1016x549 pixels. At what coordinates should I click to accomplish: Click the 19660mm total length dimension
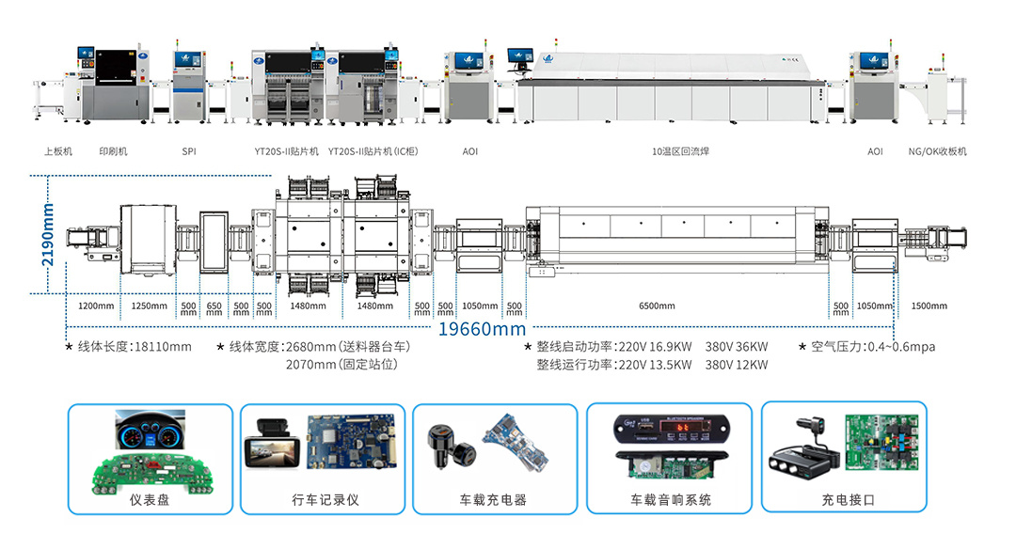483,328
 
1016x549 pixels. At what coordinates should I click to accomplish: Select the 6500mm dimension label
657,306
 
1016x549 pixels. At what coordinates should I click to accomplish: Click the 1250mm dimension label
149,306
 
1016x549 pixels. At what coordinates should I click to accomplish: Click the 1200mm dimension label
95,306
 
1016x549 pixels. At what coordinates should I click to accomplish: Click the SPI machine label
189,151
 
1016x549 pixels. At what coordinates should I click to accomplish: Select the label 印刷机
113,151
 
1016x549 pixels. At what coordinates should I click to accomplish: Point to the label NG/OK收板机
937,151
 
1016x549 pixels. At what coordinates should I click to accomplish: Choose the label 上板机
57,151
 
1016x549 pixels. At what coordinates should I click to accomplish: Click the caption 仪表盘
150,500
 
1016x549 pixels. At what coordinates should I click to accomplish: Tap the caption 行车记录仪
325,500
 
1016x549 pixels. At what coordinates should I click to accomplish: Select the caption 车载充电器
493,500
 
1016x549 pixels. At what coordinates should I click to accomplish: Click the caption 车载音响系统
671,500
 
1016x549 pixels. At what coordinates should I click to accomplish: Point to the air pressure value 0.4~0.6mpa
901,347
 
